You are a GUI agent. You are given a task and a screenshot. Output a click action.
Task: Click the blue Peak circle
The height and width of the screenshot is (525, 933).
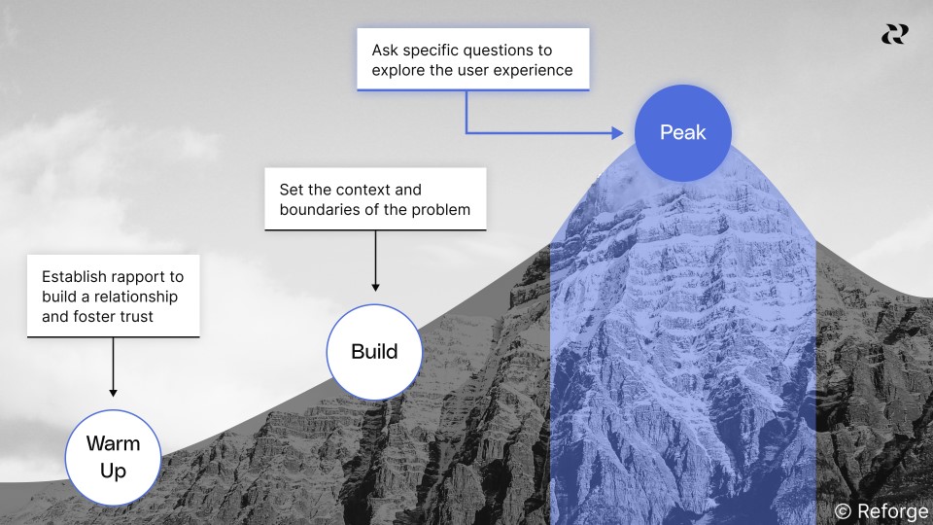click(682, 133)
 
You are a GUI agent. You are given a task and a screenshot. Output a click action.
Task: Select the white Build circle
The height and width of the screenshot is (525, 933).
click(374, 351)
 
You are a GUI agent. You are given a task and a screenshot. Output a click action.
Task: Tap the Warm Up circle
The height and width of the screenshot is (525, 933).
click(113, 457)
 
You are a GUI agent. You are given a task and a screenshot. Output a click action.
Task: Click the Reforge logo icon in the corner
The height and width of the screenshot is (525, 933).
click(894, 34)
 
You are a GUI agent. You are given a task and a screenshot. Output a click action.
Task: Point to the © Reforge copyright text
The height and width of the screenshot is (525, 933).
click(881, 511)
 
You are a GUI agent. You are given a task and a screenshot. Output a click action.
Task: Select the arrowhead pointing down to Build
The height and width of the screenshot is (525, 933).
click(375, 287)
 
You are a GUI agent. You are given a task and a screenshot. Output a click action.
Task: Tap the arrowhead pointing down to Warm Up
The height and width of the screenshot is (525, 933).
click(113, 392)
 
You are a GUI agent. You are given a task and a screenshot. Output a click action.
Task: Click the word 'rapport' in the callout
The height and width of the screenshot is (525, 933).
click(142, 276)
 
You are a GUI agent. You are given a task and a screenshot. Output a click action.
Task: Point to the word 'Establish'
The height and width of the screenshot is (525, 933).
click(75, 276)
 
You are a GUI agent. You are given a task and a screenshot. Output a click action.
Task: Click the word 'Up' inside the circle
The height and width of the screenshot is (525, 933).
click(113, 471)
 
